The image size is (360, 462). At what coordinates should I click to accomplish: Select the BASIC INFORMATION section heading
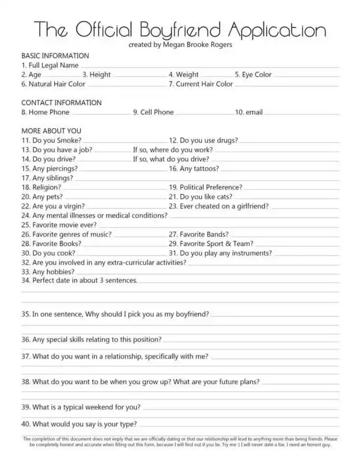tap(55, 56)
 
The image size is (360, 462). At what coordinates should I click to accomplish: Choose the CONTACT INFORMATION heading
tap(61, 103)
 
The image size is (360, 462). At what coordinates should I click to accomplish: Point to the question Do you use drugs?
tap(209, 140)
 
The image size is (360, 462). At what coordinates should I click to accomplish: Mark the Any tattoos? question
tap(199, 168)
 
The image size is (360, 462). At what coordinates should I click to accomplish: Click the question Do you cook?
tap(55, 253)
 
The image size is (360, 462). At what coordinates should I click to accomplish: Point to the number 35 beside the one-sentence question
tap(25, 314)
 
